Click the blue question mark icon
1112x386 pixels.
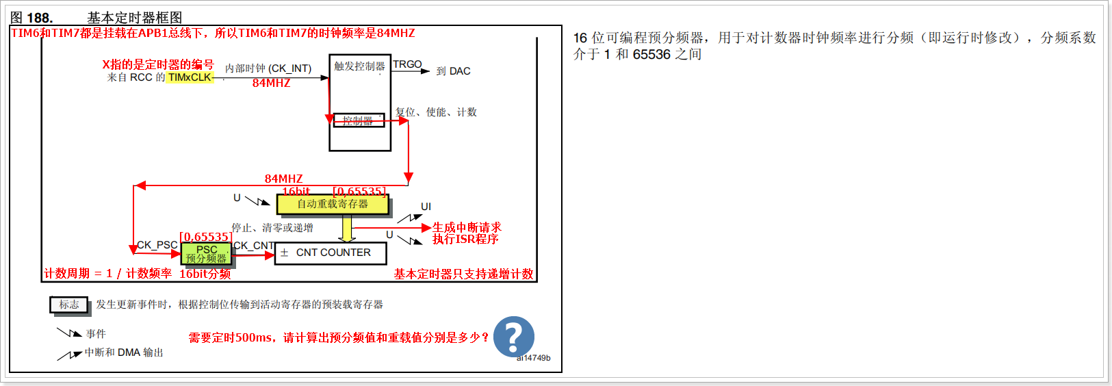tap(513, 336)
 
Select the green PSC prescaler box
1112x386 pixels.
tap(206, 254)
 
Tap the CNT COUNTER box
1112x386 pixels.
tap(331, 253)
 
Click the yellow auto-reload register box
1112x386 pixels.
tap(333, 204)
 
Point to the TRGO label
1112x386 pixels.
tap(407, 64)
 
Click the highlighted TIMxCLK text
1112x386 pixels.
tap(190, 77)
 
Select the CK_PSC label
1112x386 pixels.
tap(157, 245)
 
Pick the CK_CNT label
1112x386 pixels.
tap(254, 246)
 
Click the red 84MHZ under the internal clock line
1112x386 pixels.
tap(271, 83)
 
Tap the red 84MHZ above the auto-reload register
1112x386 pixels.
tap(283, 179)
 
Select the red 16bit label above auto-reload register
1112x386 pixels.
tap(296, 192)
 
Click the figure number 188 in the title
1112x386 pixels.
tap(39, 18)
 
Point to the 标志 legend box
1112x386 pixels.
tap(69, 305)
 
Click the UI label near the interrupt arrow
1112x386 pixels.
tap(426, 207)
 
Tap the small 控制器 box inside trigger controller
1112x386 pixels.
tap(359, 121)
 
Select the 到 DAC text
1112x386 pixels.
tap(453, 71)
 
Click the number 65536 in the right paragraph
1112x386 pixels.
tap(651, 55)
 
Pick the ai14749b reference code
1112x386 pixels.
tap(533, 358)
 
